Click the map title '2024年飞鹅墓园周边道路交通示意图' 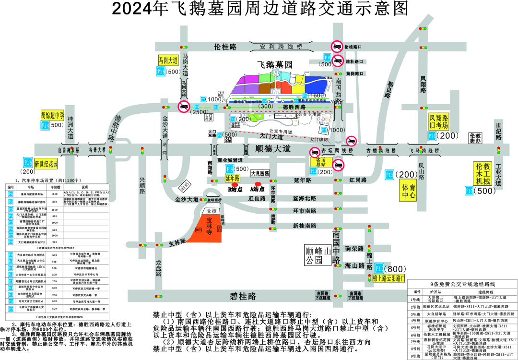click(259, 9)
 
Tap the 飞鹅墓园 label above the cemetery click(275, 64)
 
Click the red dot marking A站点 click(258, 184)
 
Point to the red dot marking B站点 click(235, 184)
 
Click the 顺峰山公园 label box click(318, 255)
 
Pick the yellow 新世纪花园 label click(46, 163)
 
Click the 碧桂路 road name click(242, 296)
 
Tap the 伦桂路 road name click(225, 47)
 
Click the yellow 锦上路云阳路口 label click(389, 277)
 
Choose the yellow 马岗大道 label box click(168, 60)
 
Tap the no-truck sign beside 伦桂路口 click(337, 47)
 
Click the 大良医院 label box click(259, 173)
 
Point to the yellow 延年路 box click(232, 178)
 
